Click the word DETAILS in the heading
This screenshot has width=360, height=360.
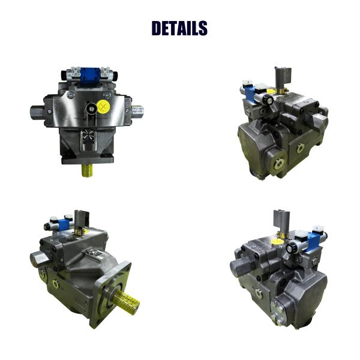[x=179, y=28]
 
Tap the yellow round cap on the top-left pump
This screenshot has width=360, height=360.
[x=103, y=107]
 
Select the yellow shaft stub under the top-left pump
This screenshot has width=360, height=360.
[x=87, y=170]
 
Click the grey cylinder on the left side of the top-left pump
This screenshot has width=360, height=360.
[x=37, y=112]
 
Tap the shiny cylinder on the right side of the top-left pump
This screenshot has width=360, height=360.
[x=137, y=112]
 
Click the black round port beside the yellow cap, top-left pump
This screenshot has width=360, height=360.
[x=91, y=109]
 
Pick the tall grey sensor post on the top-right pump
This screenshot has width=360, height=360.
[x=283, y=79]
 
